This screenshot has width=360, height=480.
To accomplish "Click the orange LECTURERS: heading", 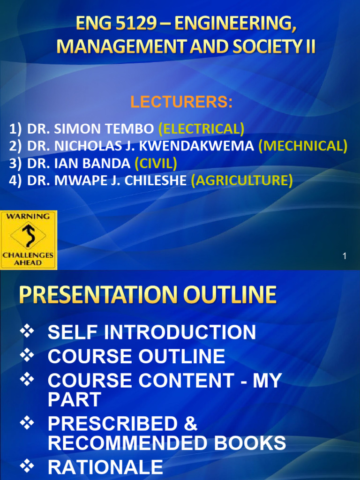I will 181,102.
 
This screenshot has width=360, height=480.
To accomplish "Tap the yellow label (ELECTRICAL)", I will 201,128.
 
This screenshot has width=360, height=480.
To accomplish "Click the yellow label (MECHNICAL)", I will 303,146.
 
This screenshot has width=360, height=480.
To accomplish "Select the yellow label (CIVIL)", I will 156,163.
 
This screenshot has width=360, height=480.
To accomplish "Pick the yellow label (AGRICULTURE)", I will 242,180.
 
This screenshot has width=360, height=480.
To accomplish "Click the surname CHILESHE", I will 157,180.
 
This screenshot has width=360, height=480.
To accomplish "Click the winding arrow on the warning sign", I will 28,236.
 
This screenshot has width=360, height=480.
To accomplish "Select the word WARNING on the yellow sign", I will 28,217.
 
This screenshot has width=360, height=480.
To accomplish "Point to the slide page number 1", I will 345,256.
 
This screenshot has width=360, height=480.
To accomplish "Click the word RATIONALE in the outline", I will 105,467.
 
